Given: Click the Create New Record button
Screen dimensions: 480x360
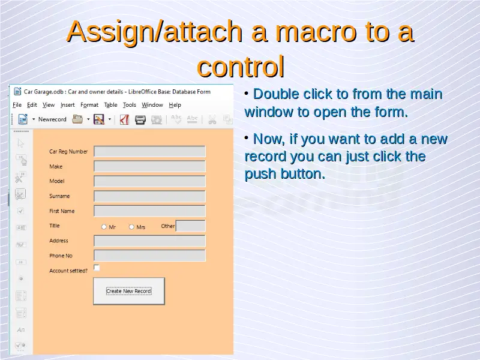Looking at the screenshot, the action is [129, 291].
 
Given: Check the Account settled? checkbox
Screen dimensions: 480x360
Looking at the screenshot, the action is [97, 268].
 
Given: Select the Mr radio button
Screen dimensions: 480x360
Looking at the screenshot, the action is [104, 227].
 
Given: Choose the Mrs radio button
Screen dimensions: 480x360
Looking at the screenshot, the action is [131, 227].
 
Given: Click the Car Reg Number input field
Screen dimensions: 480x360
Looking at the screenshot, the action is [149, 152].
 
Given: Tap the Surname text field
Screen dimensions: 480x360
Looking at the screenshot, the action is [149, 196].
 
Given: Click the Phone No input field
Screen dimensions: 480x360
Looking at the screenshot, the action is [149, 256].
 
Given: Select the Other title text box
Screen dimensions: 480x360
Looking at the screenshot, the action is [190, 226].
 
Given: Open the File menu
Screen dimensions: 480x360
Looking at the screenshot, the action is [17, 105].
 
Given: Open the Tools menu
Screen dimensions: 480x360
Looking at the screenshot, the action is [129, 105].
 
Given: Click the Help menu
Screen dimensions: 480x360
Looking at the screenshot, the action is [175, 105].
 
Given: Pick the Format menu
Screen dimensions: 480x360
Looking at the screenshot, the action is [89, 105].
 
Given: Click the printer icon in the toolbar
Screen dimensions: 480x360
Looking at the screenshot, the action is [140, 119].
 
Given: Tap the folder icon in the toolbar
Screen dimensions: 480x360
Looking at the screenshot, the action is [77, 119].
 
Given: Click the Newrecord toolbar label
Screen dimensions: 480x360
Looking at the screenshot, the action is [52, 119].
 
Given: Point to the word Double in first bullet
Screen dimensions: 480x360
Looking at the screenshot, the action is [275, 94].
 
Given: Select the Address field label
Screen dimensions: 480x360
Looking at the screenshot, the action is [59, 241].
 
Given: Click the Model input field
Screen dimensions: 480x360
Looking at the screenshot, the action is [149, 181].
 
